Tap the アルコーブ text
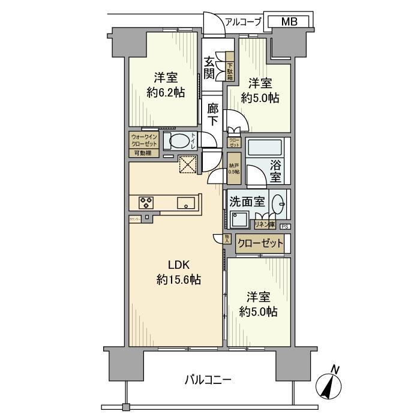[243, 22]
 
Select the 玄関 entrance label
[210, 67]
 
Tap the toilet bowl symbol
[179, 142]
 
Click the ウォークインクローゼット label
[145, 140]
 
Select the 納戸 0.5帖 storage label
[233, 168]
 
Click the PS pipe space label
[285, 226]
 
